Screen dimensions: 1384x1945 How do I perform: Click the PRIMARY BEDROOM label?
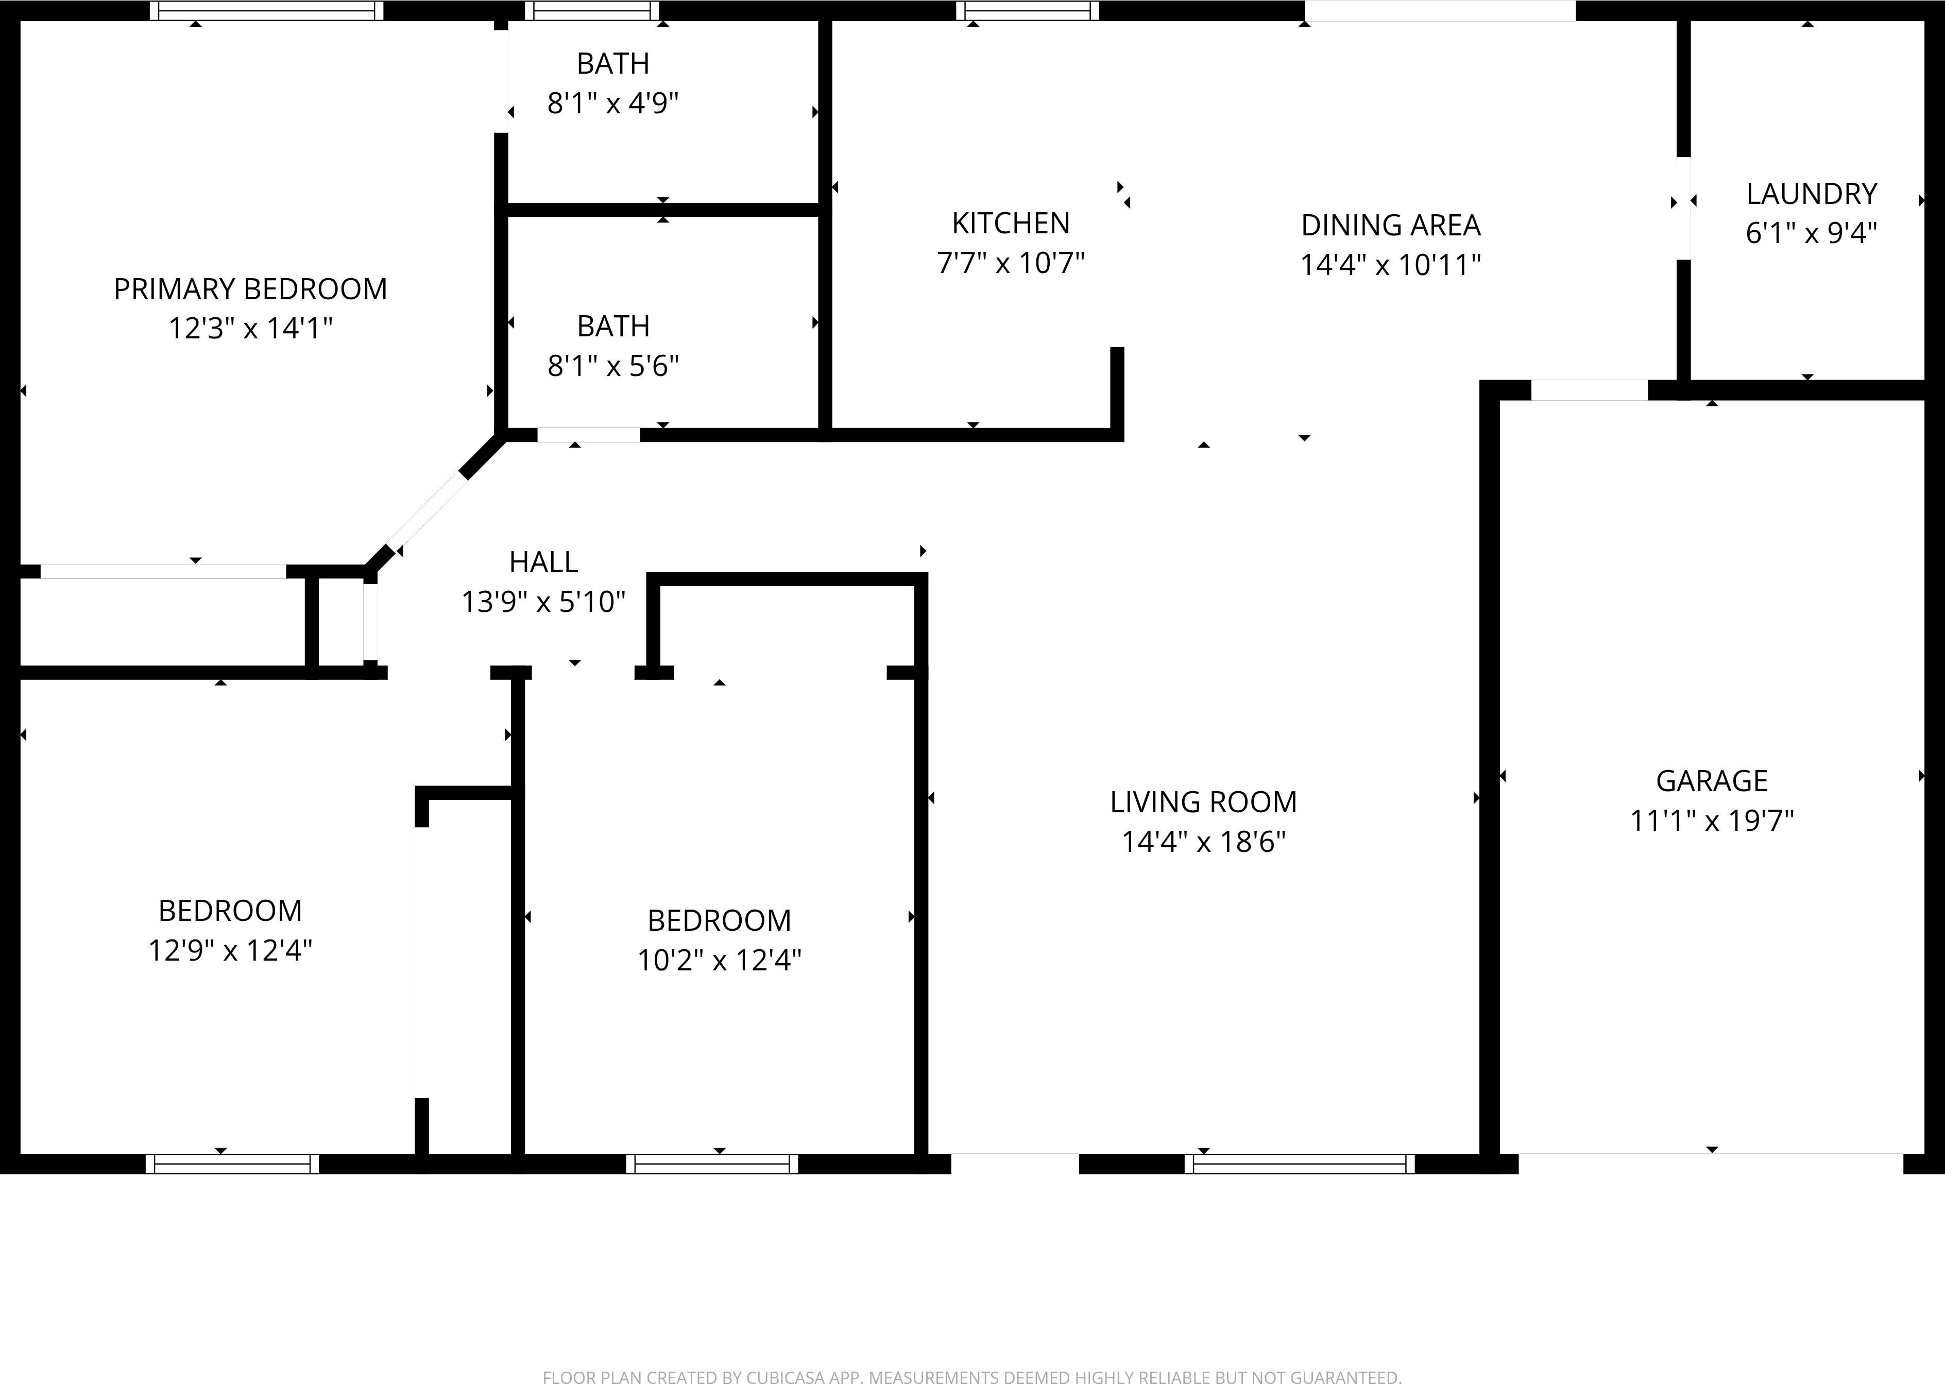pos(250,290)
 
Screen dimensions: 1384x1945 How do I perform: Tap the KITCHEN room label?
pos(1010,223)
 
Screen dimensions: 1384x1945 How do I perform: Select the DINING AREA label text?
pos(1390,226)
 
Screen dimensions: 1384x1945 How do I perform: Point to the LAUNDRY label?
pos(1811,194)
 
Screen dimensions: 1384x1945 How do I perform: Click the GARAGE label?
pos(1712,781)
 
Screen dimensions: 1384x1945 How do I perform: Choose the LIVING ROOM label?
pos(1203,802)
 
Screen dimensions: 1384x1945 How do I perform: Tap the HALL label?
pos(543,562)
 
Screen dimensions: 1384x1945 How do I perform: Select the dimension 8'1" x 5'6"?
pos(613,366)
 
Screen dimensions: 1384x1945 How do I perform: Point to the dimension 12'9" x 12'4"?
pos(230,950)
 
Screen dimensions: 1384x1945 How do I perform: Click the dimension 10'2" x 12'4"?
pos(720,961)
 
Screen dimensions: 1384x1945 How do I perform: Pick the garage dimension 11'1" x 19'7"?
pos(1712,821)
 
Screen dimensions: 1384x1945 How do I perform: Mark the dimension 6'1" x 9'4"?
pos(1811,233)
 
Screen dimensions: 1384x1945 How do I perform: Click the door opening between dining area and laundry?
pos(1683,208)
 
